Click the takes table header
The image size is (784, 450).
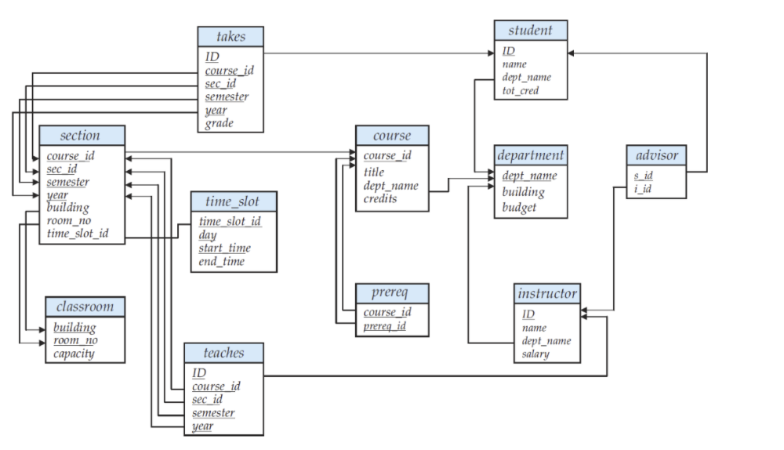[x=230, y=37]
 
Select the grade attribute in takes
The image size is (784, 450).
[x=220, y=124]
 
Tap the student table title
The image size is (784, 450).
[x=530, y=31]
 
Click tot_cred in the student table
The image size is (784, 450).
[x=521, y=91]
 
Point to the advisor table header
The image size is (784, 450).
[x=656, y=154]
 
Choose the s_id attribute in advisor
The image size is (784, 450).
[x=643, y=176]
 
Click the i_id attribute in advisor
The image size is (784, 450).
[x=643, y=190]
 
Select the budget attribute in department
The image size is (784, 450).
[x=519, y=207]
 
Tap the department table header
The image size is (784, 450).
[x=530, y=155]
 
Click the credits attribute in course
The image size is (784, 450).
[x=380, y=199]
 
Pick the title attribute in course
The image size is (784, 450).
[x=374, y=172]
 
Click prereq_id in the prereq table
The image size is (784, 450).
[x=384, y=326]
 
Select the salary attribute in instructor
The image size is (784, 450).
[x=535, y=354]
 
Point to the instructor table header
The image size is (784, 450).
[x=547, y=294]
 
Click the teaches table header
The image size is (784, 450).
[x=223, y=353]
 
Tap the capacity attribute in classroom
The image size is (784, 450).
[x=74, y=354]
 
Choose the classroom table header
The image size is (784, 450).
[x=85, y=307]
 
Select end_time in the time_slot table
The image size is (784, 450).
[x=222, y=262]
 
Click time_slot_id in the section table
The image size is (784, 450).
[x=78, y=234]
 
